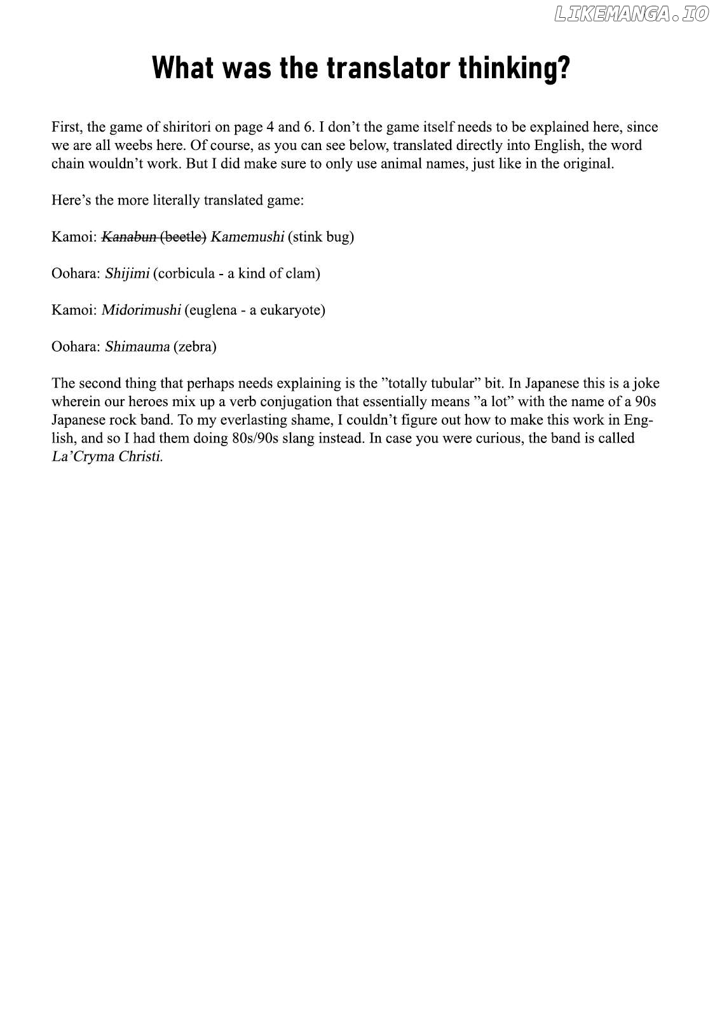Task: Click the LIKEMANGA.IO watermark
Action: coord(631,14)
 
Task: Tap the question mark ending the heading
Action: coord(563,68)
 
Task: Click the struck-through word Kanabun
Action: coord(129,237)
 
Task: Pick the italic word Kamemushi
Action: coord(247,237)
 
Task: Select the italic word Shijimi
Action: coord(127,274)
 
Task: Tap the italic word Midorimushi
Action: coord(141,310)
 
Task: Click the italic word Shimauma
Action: coord(137,347)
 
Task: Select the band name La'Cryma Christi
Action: coord(107,457)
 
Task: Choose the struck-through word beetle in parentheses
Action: coord(183,237)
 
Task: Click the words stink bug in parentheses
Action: coord(321,237)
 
